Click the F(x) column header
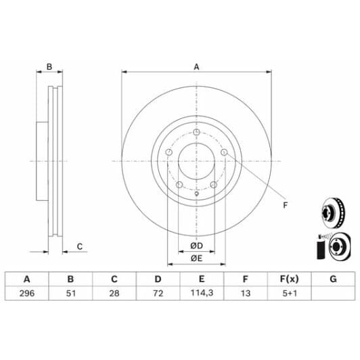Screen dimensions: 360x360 coord(289,279)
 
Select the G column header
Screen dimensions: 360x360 coord(332,279)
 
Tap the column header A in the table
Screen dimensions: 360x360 coord(27,279)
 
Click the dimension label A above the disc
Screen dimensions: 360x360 coord(196,66)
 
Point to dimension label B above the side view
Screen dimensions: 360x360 coord(49,66)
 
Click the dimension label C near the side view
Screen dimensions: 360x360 coord(79,246)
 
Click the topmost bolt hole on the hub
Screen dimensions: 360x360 coord(196,132)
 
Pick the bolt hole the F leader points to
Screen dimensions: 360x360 coord(224,153)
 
